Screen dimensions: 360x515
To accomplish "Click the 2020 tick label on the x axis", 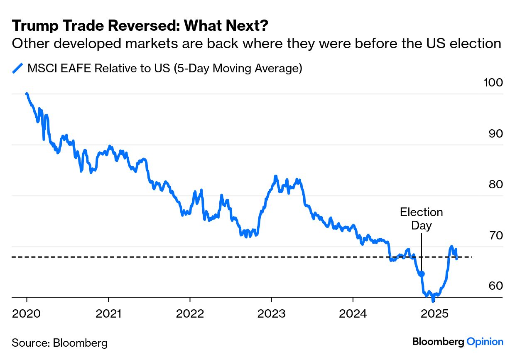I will click(x=27, y=313).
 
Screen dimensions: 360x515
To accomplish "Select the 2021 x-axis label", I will click(x=108, y=313).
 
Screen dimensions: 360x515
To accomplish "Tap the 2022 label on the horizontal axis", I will click(x=190, y=313).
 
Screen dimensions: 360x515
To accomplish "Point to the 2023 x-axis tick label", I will click(x=271, y=313).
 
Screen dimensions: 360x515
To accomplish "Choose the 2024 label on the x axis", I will click(x=353, y=313).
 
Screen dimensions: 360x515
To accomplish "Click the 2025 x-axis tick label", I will click(x=434, y=313).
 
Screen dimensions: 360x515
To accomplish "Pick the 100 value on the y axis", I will click(x=493, y=83).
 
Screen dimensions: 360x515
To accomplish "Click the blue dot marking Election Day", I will click(x=422, y=274).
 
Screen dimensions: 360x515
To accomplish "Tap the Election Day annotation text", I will click(x=422, y=219).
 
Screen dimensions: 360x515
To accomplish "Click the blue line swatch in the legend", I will click(x=18, y=68).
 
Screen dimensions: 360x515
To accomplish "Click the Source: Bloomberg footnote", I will click(x=59, y=343).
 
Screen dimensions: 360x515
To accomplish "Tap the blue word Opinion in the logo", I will click(x=485, y=342).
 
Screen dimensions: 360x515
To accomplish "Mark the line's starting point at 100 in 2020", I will click(x=27, y=94).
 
